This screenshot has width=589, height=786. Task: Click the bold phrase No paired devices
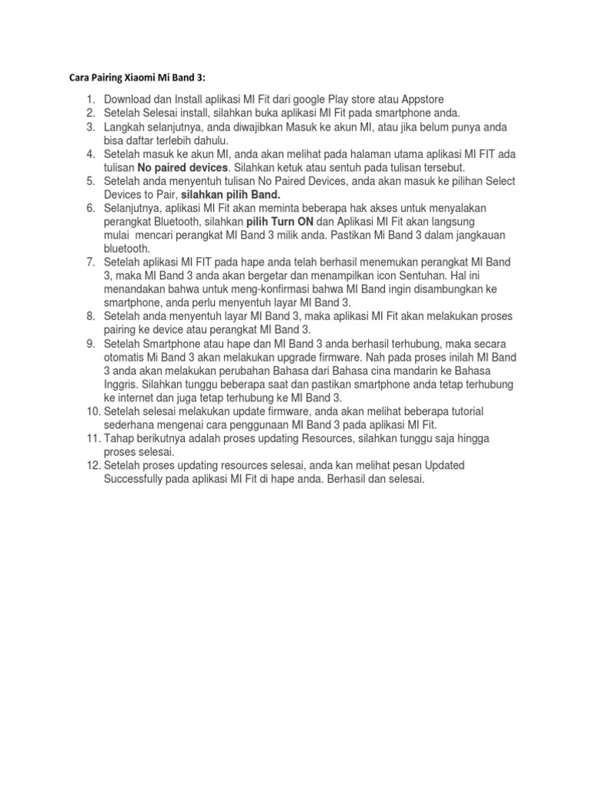pyautogui.click(x=183, y=167)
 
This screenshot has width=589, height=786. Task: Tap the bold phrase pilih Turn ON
pyautogui.click(x=280, y=221)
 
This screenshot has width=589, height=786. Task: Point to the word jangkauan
pyautogui.click(x=480, y=235)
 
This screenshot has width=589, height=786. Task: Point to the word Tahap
pyautogui.click(x=120, y=438)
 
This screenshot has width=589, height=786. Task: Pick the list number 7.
pyautogui.click(x=90, y=262)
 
